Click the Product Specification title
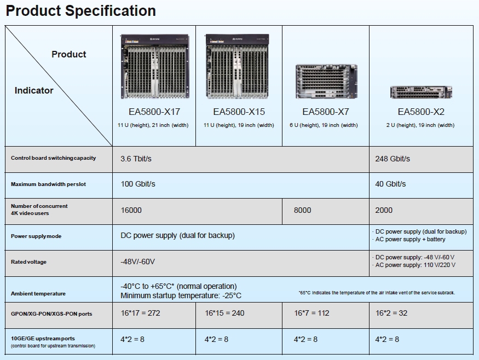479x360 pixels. (x=80, y=11)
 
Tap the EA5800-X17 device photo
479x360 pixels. (x=154, y=66)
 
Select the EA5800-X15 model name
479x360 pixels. (x=239, y=112)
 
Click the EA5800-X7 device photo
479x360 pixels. (x=325, y=81)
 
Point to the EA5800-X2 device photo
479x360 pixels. (x=420, y=92)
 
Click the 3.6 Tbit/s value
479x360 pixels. (x=136, y=159)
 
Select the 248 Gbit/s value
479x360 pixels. (x=393, y=159)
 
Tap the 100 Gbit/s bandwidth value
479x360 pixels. (x=138, y=184)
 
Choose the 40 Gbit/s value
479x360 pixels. (x=390, y=184)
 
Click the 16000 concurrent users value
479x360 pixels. (x=131, y=210)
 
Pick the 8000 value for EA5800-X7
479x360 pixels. (x=302, y=210)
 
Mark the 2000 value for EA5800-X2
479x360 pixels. (x=384, y=210)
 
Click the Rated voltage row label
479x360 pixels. (x=28, y=262)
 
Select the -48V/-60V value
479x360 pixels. (x=137, y=262)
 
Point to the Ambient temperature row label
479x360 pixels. (x=38, y=294)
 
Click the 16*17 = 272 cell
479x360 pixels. (x=140, y=313)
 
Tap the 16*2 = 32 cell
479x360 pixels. (x=391, y=313)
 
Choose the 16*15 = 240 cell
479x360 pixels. (x=224, y=313)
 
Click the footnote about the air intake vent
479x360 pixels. (x=377, y=293)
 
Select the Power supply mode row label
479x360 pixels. (x=36, y=236)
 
